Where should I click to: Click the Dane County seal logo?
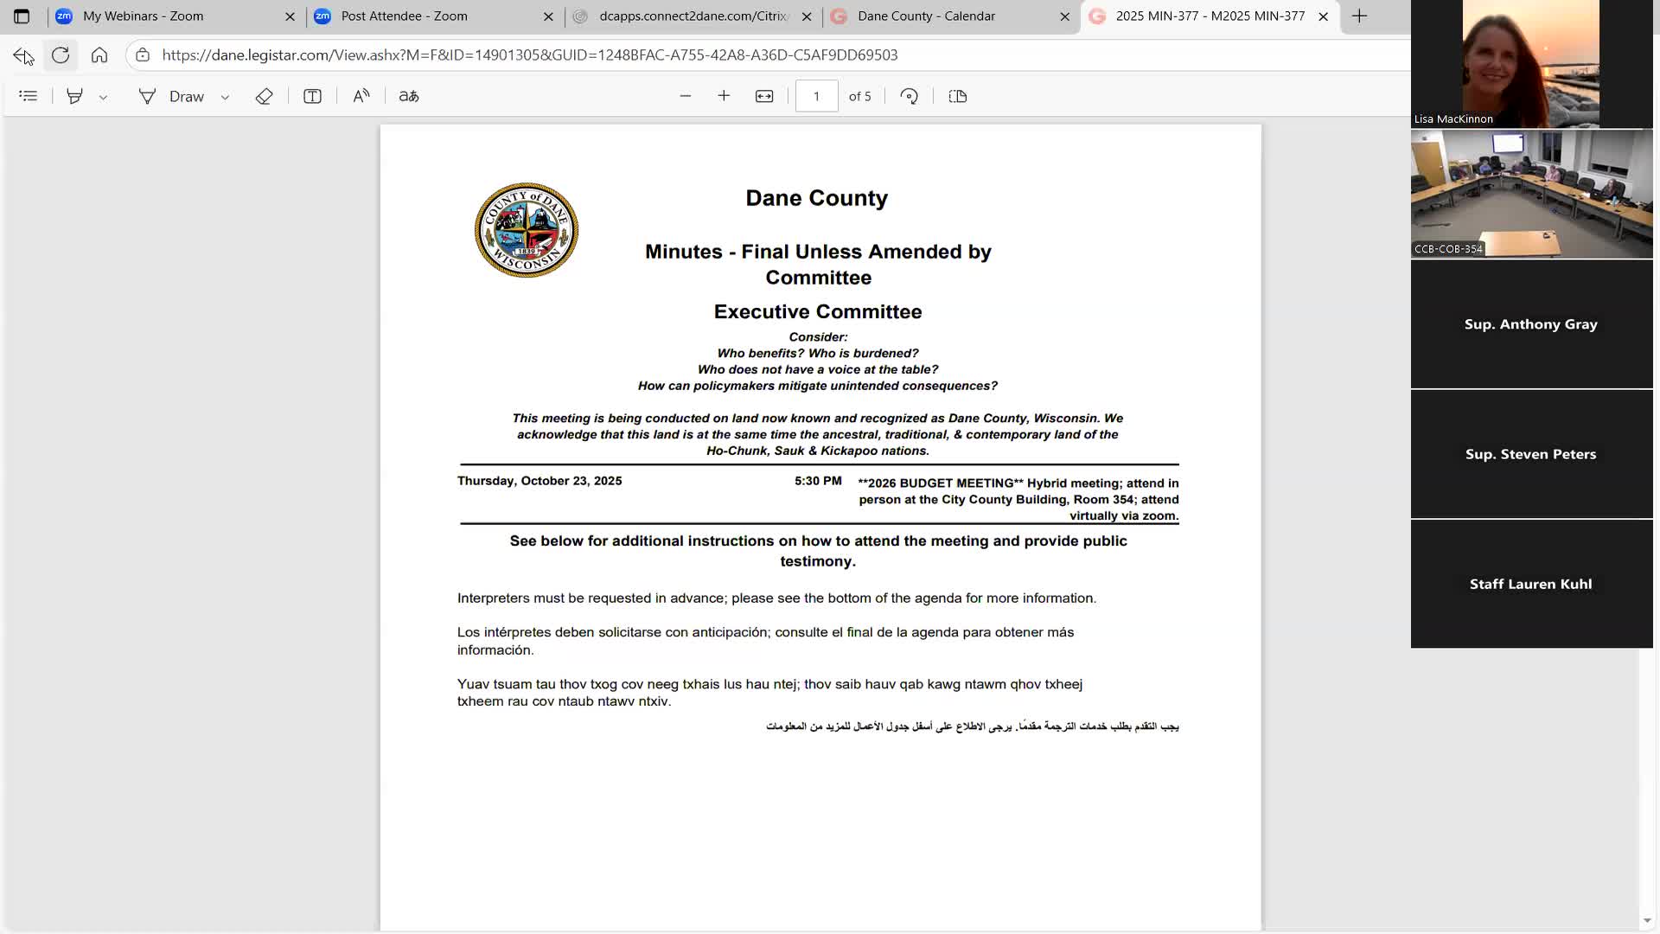point(526,230)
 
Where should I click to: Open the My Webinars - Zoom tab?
point(143,16)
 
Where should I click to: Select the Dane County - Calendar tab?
point(925,16)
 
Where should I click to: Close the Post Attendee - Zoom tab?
point(548,16)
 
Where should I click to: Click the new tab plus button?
point(1359,16)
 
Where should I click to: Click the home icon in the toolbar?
point(99,55)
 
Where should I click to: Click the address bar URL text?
point(529,55)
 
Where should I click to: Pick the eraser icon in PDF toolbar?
point(264,96)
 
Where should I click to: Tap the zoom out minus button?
point(686,96)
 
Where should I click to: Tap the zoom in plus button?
point(724,96)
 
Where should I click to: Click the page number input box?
point(816,96)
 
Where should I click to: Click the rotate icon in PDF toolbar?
point(909,96)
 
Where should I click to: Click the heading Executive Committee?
point(817,311)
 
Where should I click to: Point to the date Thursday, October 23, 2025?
point(539,481)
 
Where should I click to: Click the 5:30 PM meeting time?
point(818,481)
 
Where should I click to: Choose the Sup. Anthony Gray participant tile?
point(1530,324)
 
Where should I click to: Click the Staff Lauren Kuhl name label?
point(1530,584)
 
